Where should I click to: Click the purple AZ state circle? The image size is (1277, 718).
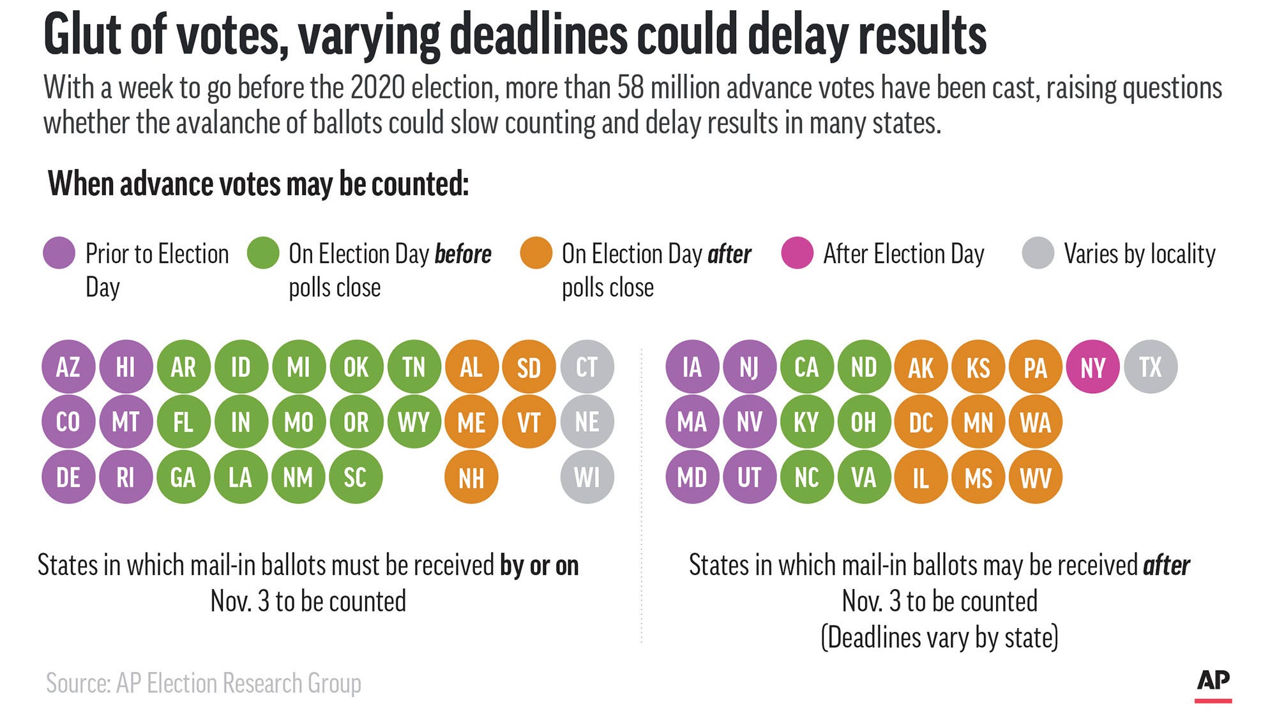click(x=68, y=367)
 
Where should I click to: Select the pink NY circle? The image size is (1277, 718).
click(x=1092, y=367)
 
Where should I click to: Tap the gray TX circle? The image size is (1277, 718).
click(x=1150, y=367)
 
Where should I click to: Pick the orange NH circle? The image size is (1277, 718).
click(x=471, y=477)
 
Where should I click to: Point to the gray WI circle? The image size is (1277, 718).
click(x=587, y=477)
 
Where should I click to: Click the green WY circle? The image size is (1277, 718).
click(x=414, y=422)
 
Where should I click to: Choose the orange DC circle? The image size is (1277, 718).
click(x=921, y=422)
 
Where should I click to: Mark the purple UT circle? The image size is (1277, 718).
click(x=749, y=477)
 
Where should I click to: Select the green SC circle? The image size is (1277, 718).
click(x=356, y=477)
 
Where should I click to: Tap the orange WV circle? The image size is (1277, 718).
click(x=1035, y=477)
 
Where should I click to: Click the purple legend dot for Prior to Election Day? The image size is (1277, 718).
click(x=59, y=253)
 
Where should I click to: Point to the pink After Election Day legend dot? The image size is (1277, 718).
click(x=797, y=253)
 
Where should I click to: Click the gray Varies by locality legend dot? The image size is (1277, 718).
click(x=1038, y=253)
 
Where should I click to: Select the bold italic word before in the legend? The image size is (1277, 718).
click(x=463, y=254)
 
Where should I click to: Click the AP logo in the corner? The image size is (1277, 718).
click(x=1213, y=682)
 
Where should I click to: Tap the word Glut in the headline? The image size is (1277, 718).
click(x=83, y=35)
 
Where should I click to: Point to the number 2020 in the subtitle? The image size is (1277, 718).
click(x=377, y=87)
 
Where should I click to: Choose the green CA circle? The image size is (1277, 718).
click(x=806, y=367)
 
